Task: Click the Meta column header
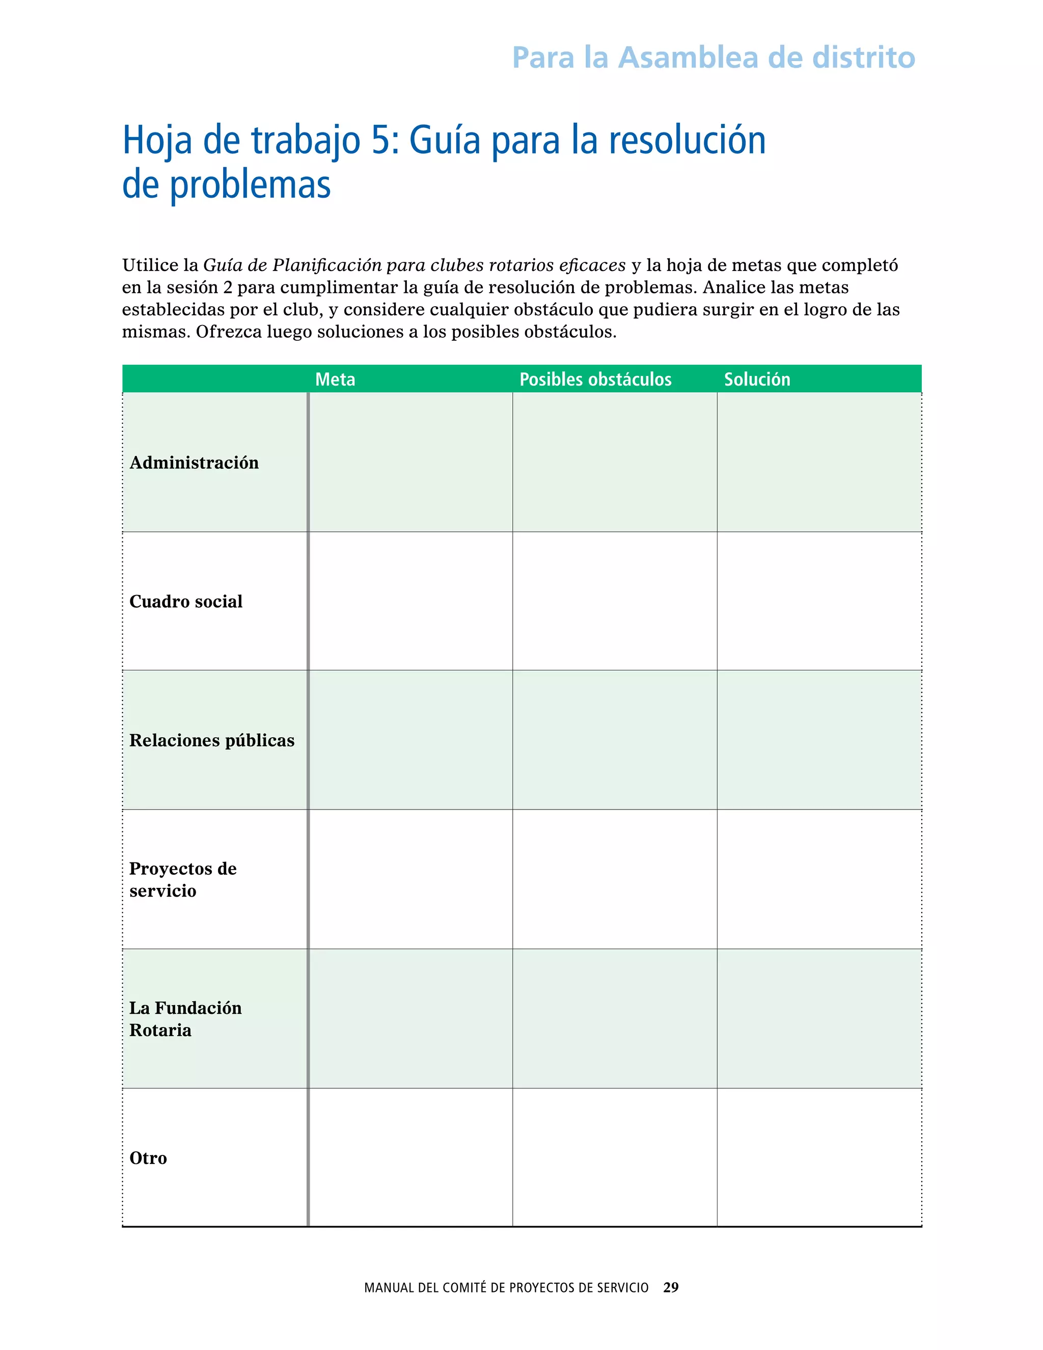335,379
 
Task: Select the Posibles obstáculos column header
595,379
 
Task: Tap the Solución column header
757,379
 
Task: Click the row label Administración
194,463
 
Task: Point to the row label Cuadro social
186,602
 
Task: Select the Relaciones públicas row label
212,741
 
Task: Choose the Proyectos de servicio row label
183,880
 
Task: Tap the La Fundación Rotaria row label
185,1019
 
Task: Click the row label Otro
148,1158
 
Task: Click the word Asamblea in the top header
688,58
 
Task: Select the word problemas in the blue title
250,185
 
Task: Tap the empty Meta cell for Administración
411,463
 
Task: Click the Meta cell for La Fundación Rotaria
411,1019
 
